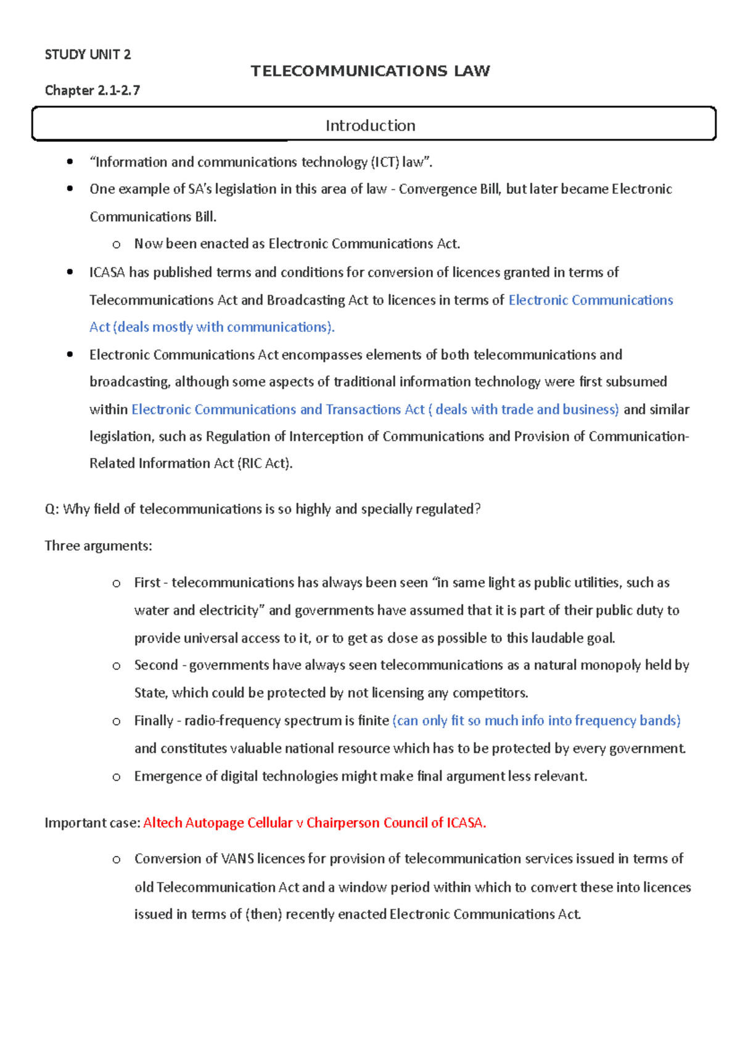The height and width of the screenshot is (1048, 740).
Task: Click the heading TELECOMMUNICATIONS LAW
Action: [370, 71]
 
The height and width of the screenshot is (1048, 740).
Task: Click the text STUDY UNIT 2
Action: [88, 54]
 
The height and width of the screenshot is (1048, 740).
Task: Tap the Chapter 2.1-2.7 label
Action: [92, 90]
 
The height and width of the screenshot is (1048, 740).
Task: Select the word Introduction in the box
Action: [370, 125]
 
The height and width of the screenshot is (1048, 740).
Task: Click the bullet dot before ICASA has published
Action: [70, 272]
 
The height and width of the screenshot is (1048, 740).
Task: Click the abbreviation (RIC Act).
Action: [265, 464]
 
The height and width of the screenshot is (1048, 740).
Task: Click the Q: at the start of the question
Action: [51, 509]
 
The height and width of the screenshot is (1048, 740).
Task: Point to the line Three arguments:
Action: [98, 546]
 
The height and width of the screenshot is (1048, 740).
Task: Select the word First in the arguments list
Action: [147, 583]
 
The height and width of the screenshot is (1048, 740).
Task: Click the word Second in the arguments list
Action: [155, 665]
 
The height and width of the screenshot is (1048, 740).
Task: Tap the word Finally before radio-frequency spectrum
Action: [154, 721]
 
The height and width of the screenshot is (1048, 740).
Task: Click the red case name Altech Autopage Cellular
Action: [218, 823]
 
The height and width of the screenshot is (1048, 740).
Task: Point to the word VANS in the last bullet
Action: [237, 859]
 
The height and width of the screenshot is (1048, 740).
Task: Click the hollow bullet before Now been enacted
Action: [117, 245]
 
